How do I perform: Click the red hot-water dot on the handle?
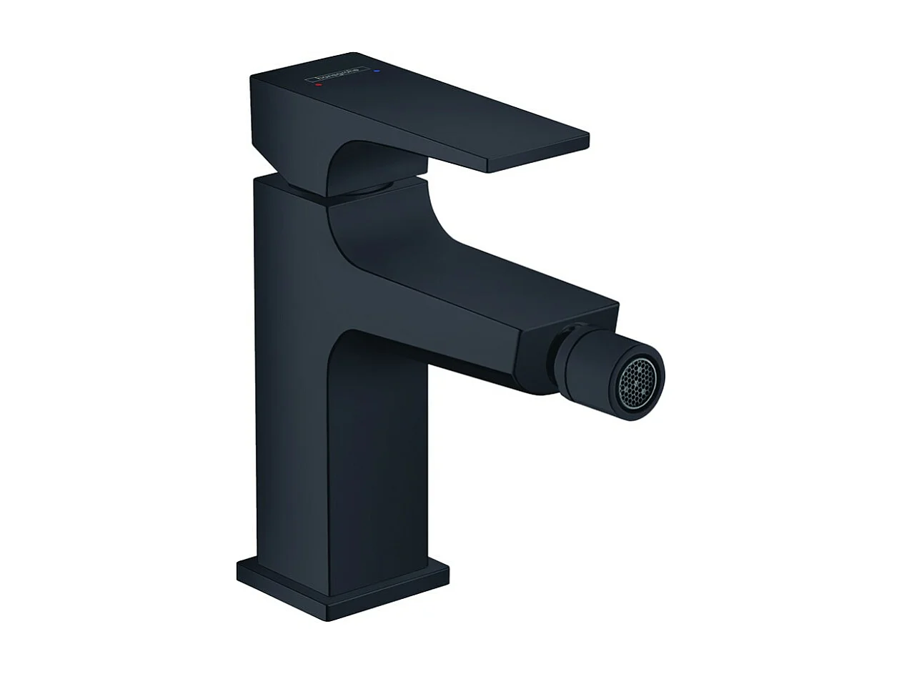click(319, 84)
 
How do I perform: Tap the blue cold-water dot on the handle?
click(377, 71)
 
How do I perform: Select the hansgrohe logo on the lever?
click(337, 75)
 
